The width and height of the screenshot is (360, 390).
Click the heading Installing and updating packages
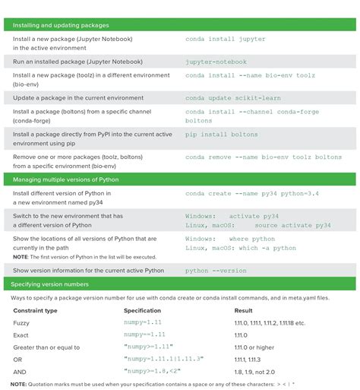[x=61, y=25]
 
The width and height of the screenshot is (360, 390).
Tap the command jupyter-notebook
[x=215, y=60]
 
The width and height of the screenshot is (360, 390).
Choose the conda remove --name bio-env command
[x=264, y=157]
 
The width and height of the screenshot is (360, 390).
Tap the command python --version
[x=216, y=270]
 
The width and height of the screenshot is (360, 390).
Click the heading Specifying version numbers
[x=50, y=284]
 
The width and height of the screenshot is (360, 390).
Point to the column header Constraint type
[x=35, y=310]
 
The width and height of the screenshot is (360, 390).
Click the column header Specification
[x=142, y=310]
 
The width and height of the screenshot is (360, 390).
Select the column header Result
[x=243, y=310]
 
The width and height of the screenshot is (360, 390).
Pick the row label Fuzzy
[x=21, y=323]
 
